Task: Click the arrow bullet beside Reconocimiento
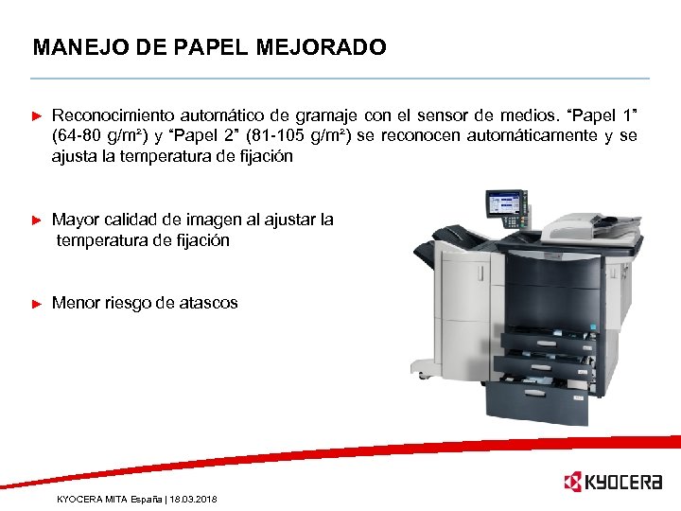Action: click(38, 116)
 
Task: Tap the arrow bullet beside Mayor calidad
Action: click(38, 220)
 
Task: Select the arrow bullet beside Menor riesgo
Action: click(38, 304)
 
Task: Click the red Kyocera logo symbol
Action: click(571, 483)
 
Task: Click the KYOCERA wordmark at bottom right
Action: click(624, 483)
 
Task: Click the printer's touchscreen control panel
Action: click(503, 203)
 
